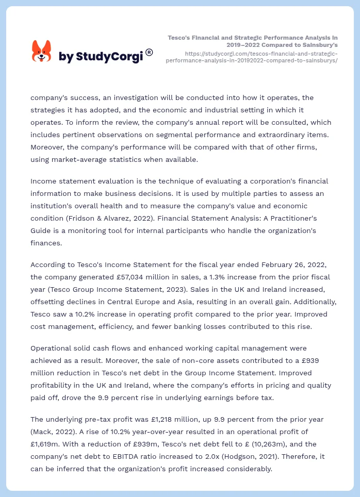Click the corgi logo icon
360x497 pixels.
click(x=42, y=52)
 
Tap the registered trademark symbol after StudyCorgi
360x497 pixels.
click(x=149, y=52)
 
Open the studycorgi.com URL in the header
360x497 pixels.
click(x=252, y=57)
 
